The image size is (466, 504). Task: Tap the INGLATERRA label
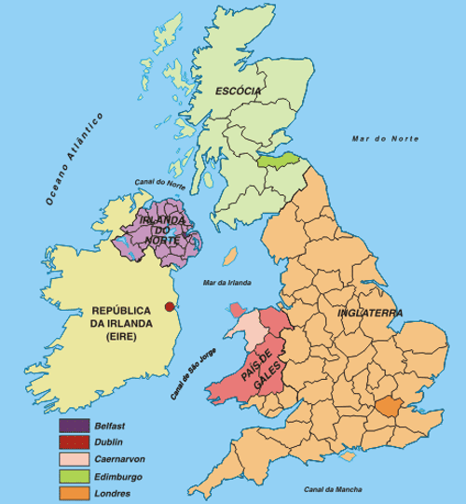[x=370, y=313]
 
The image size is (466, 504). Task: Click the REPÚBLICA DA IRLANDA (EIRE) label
[x=119, y=323]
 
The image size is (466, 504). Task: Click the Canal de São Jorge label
[x=194, y=382]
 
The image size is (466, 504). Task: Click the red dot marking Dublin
[x=169, y=307]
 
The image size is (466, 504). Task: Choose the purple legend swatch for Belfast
[x=74, y=426]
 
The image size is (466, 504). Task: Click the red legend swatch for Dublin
[x=74, y=442]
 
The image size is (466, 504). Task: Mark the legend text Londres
[x=112, y=493]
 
